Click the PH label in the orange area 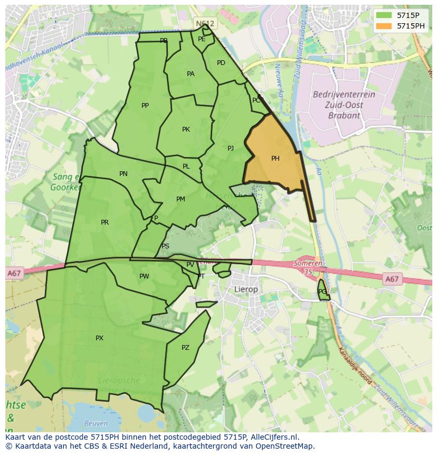275,159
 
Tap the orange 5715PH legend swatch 384,26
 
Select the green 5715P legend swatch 384,15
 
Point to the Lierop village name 246,290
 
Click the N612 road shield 205,24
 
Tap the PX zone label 99,338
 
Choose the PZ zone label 185,348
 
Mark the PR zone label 104,222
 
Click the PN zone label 123,174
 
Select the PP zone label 145,106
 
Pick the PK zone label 186,129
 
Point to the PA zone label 191,74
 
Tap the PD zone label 221,63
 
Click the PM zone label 180,199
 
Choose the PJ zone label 231,148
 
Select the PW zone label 144,276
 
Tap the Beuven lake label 96,423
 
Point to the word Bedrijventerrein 344,95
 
